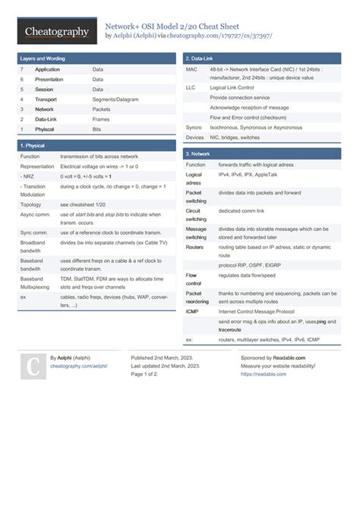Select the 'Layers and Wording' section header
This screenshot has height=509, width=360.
click(43, 58)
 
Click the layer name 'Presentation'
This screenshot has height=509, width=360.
click(49, 79)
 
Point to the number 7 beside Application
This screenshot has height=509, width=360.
click(22, 69)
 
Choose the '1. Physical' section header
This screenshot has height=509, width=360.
click(34, 145)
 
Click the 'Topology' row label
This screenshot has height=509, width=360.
click(31, 205)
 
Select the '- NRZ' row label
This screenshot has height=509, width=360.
click(28, 175)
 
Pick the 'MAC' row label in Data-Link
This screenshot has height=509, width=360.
click(192, 69)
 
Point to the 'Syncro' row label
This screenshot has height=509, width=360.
click(194, 128)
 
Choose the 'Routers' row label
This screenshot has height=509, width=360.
click(195, 247)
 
